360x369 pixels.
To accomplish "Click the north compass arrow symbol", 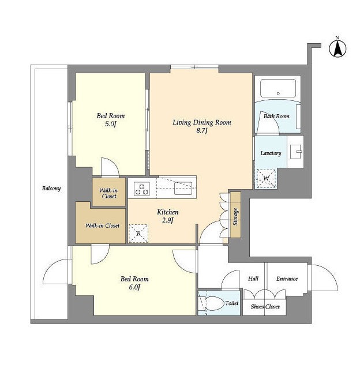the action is pyautogui.click(x=337, y=49).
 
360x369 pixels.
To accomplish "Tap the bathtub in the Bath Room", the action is pyautogui.click(x=278, y=88).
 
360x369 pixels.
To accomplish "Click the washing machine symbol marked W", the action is pyautogui.click(x=267, y=178).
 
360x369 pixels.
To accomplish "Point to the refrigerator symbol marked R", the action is pyautogui.click(x=138, y=234).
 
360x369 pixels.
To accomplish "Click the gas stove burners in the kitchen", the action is pyautogui.click(x=142, y=189).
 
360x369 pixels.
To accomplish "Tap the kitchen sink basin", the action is pyautogui.click(x=183, y=189).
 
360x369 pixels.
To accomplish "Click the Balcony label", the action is pyautogui.click(x=51, y=189).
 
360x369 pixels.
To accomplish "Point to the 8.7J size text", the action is pyautogui.click(x=202, y=131).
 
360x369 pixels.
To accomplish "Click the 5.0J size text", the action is pyautogui.click(x=111, y=124).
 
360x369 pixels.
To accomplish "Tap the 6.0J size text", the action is pyautogui.click(x=134, y=287).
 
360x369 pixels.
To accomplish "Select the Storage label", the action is pyautogui.click(x=235, y=217).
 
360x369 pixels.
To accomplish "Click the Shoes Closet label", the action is pyautogui.click(x=265, y=307).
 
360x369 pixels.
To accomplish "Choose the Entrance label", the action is pyautogui.click(x=287, y=278).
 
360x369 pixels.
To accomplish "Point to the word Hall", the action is pyautogui.click(x=253, y=278).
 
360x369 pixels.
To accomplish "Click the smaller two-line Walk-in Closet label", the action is pyautogui.click(x=109, y=193).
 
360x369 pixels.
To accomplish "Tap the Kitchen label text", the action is pyautogui.click(x=168, y=212).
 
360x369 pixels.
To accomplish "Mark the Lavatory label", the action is pyautogui.click(x=271, y=153).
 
